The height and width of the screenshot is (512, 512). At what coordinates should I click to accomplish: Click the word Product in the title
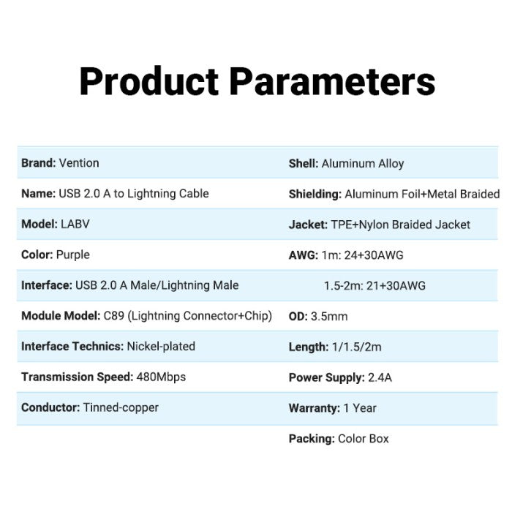coord(149,81)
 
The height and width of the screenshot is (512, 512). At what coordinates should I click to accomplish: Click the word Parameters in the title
coord(332,81)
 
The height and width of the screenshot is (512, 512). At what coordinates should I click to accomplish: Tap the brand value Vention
coord(79,163)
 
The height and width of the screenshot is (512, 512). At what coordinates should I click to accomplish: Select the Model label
coord(39,224)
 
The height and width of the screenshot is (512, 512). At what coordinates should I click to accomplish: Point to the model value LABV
coord(75,224)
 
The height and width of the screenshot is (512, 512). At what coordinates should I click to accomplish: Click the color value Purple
coord(73,255)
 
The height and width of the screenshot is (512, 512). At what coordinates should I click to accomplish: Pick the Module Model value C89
coord(113,316)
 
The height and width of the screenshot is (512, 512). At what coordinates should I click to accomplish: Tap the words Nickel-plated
coord(161,346)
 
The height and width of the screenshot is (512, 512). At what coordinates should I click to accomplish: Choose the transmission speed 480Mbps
coord(161,377)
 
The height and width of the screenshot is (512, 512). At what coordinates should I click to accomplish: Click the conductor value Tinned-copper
coord(121,407)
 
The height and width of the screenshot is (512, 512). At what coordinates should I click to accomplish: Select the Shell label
coord(304,163)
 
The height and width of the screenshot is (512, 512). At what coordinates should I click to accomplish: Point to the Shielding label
coord(315,195)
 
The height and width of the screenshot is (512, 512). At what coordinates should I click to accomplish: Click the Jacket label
coord(308,225)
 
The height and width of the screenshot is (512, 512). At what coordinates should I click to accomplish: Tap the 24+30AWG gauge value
coord(374,255)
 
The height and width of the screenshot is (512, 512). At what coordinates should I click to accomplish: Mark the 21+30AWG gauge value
coord(396,286)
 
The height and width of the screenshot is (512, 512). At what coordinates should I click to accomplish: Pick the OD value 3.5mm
coord(329,316)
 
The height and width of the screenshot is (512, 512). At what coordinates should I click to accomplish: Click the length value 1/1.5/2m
coord(357,347)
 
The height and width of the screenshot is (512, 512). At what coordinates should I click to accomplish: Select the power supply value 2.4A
coord(380,377)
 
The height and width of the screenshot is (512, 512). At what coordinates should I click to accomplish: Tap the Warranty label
coord(314,408)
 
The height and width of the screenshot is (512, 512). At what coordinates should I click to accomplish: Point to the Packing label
coord(312,439)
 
